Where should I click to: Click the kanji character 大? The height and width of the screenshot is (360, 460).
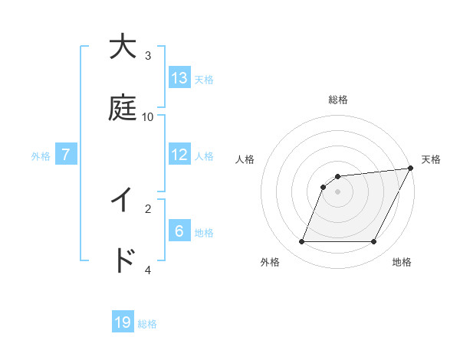tap(123, 47)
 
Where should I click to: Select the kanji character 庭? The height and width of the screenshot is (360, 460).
tap(123, 110)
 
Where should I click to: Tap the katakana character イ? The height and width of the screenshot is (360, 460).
tap(123, 201)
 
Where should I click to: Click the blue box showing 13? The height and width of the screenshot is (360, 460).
tap(179, 78)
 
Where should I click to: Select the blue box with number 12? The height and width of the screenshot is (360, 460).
tap(179, 155)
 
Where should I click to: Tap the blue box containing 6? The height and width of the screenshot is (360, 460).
tap(179, 231)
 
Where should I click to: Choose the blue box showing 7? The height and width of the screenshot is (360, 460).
tap(66, 155)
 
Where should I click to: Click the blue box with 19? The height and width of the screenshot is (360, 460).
tap(123, 322)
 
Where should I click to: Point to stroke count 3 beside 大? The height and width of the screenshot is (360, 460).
tap(148, 55)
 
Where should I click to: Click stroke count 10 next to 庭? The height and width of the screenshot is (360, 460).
tap(148, 117)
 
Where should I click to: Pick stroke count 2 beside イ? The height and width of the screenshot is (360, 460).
tap(148, 208)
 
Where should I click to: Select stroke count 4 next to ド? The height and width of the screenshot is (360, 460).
tap(148, 270)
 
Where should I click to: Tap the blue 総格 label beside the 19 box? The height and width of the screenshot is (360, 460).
tap(147, 324)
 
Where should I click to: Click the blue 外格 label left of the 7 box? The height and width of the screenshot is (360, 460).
tap(41, 156)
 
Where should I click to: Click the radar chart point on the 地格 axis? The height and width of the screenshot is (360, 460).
tap(374, 242)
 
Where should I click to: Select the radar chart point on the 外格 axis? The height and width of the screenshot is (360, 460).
tap(301, 242)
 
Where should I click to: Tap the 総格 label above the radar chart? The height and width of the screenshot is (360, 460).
tap(338, 100)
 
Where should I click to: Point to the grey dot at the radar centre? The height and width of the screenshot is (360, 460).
tap(338, 192)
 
